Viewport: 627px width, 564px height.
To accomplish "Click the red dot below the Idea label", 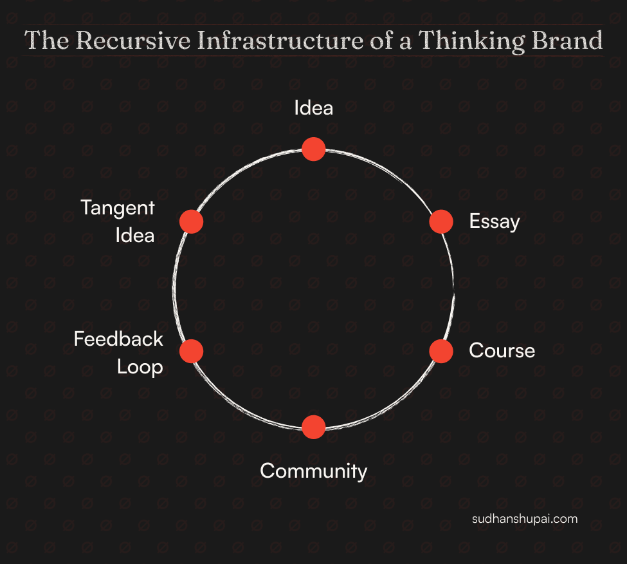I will [313, 149].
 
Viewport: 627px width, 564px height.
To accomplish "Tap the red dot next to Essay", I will [441, 221].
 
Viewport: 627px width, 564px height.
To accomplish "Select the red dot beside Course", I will [441, 351].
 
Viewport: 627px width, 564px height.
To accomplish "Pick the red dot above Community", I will [313, 428].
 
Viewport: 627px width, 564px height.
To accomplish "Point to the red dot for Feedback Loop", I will [191, 351].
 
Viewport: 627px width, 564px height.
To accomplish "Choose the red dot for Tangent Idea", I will [191, 221].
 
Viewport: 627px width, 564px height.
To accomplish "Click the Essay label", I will [494, 222].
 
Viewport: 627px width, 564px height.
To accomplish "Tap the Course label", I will [502, 351].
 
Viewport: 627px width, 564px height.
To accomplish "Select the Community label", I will [313, 471].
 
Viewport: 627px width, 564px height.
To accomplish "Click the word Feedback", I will [118, 339].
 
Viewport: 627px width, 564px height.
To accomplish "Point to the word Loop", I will [139, 367].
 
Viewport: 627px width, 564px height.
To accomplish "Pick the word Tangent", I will [118, 209].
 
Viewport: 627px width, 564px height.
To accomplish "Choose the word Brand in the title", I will [565, 41].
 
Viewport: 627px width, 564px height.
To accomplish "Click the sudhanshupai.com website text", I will [525, 519].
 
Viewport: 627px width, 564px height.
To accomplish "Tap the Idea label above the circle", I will [313, 108].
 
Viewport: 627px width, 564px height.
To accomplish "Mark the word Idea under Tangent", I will [135, 236].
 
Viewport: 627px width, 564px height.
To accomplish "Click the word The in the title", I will [47, 41].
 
